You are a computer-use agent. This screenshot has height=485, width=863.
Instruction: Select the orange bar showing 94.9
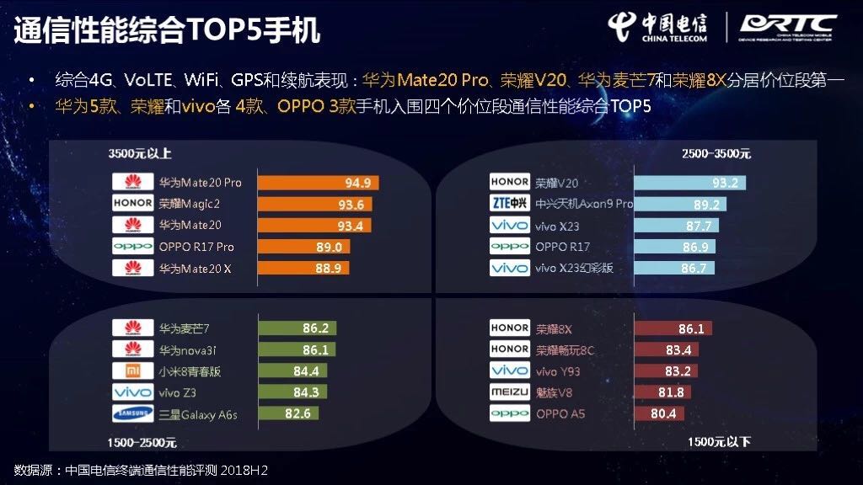pos(319,182)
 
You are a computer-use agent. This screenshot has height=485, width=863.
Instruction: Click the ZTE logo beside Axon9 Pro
pos(510,204)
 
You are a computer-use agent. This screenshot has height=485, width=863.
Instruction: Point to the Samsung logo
pos(131,413)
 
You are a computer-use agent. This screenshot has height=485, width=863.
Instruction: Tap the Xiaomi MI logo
pos(131,370)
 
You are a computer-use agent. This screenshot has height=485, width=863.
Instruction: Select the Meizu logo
pos(510,392)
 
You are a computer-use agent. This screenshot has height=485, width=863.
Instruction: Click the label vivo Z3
pos(178,392)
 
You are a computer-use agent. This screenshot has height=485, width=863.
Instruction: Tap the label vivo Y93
pos(558,370)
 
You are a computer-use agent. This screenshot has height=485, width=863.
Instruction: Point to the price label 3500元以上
pos(140,153)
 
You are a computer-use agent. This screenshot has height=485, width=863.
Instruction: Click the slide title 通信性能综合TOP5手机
pos(166,30)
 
